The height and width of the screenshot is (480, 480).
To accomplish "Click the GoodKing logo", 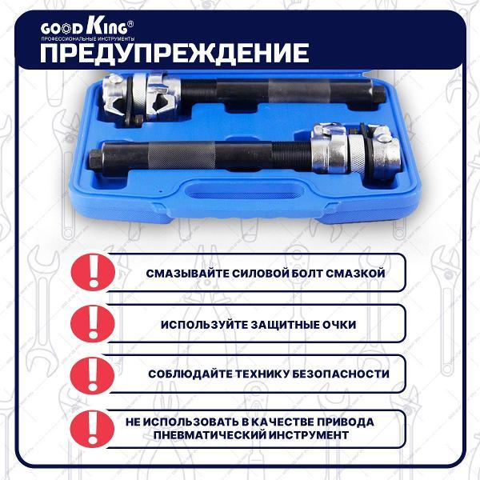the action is [87, 27].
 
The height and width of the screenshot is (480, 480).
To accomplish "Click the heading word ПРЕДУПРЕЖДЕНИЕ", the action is [174, 53].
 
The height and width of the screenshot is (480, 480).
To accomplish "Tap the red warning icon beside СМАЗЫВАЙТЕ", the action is [93, 272].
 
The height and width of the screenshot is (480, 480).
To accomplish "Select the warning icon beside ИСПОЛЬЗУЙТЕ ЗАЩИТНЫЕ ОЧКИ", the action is [93, 324].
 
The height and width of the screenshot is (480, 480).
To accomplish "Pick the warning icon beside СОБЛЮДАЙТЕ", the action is [93, 375].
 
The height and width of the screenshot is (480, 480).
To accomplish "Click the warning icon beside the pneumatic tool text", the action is [92, 429].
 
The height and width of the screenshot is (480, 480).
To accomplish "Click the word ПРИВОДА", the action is [346, 422].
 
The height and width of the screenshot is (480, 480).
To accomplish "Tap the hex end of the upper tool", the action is [379, 94].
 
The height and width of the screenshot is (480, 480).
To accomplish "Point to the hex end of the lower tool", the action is [96, 158].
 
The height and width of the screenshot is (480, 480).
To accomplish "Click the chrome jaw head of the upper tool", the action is [142, 98].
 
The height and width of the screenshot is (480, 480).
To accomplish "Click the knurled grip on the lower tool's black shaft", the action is [182, 155].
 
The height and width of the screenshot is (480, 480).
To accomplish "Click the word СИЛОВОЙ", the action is [260, 273].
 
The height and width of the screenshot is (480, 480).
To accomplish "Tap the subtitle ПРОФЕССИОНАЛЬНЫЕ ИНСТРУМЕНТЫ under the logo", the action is [88, 39].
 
